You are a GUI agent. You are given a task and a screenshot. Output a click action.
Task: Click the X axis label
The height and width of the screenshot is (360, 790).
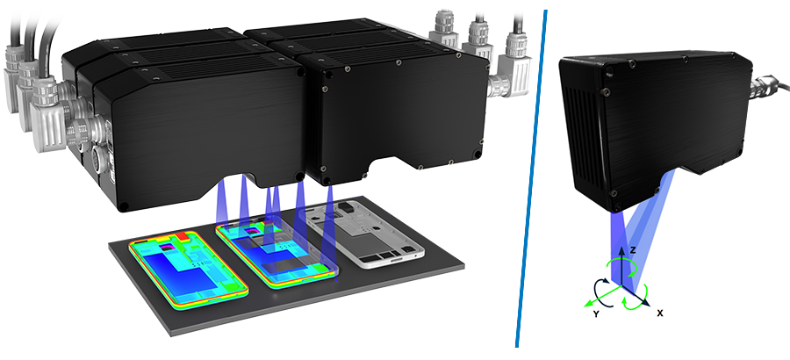point(660,313)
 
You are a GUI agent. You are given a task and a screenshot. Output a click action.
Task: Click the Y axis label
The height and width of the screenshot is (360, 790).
point(596,313)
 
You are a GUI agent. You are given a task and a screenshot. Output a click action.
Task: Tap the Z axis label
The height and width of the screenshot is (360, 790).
point(633,250)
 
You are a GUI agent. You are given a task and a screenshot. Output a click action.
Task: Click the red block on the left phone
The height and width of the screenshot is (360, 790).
point(182,236)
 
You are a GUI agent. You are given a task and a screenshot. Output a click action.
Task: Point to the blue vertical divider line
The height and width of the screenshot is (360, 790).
point(532,179)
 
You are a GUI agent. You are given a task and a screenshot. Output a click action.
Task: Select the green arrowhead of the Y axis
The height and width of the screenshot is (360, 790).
point(586,304)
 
